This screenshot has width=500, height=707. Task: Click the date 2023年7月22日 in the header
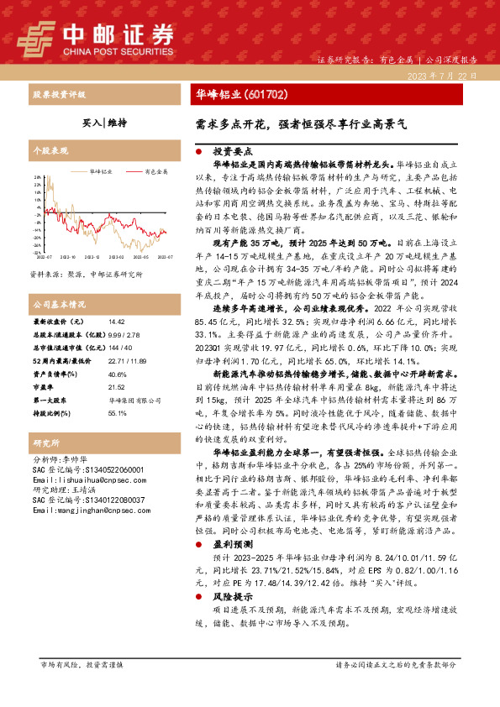pos(448,76)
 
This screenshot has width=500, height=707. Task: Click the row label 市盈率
pos(44,387)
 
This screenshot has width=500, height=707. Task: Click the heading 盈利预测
pos(232,544)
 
